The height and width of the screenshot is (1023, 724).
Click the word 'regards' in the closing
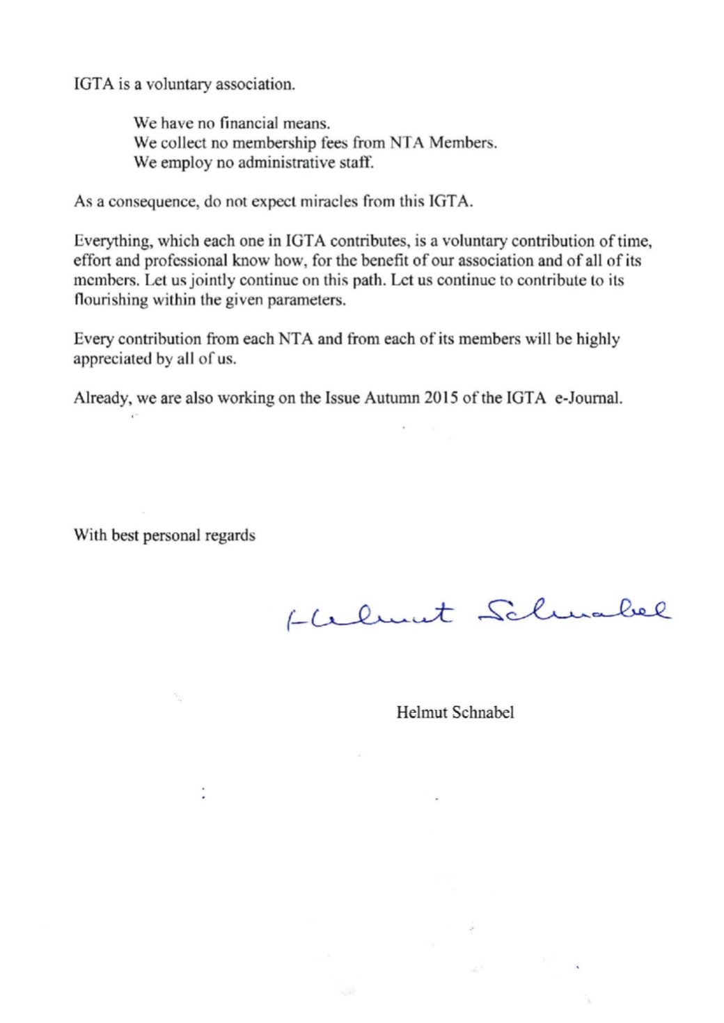pyautogui.click(x=230, y=535)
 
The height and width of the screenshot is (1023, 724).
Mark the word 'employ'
pyautogui.click(x=183, y=163)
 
